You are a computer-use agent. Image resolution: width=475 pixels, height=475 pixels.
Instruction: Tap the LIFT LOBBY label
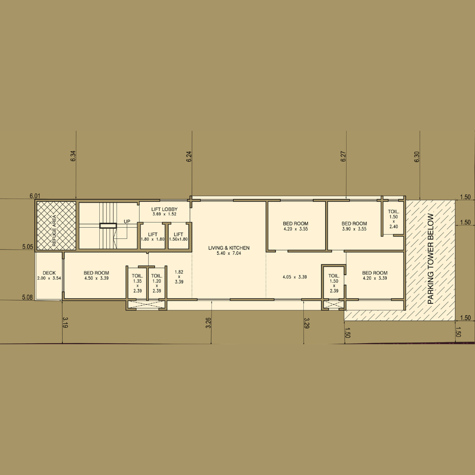click(165, 209)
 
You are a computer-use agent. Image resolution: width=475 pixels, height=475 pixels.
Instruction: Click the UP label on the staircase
click(127, 221)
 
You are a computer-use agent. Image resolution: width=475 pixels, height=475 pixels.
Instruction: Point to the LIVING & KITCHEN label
click(229, 248)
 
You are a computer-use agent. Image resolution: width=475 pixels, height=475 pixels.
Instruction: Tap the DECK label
click(49, 273)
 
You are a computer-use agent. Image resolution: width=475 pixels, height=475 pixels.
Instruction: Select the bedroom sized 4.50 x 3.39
click(96, 275)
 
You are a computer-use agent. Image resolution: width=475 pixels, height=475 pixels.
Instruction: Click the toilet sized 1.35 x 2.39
click(137, 283)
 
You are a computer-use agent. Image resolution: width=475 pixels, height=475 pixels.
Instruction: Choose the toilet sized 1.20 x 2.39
click(157, 283)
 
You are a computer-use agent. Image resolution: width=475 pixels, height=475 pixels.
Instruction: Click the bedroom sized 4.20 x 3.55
click(296, 226)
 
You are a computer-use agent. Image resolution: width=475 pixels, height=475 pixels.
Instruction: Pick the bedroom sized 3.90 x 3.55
click(354, 226)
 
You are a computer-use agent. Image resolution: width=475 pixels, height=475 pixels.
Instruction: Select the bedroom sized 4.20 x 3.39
click(375, 275)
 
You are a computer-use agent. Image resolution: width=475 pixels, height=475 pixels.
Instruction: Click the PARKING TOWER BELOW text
click(430, 259)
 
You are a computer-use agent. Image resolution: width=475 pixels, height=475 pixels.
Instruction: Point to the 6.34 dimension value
click(73, 156)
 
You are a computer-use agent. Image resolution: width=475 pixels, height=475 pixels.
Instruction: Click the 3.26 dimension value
click(208, 323)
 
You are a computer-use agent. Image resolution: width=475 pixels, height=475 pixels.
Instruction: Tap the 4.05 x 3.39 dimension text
click(295, 277)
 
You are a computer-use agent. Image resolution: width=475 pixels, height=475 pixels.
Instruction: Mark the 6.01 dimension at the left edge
click(35, 196)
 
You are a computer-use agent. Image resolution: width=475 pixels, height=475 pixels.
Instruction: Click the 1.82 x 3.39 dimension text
click(179, 277)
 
